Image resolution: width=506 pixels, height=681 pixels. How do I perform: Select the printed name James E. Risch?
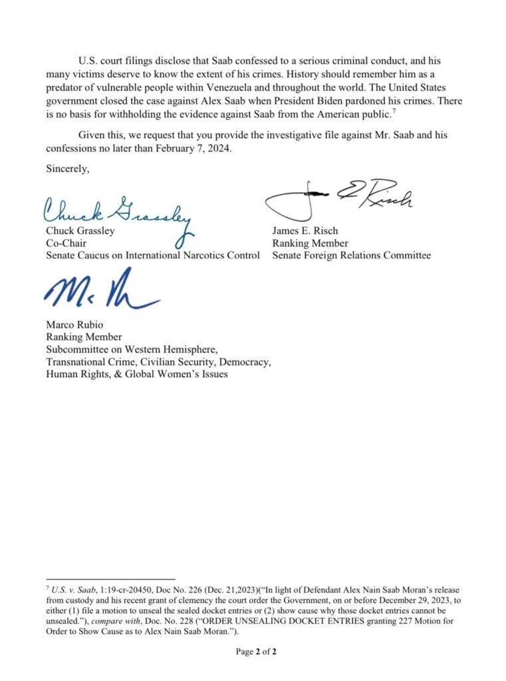[x=305, y=231]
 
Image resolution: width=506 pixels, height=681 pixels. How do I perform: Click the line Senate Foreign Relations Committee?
[x=351, y=255]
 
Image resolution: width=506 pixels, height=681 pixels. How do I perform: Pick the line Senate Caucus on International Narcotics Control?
[x=152, y=255]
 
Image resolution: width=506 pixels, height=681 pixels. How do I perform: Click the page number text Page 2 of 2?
[x=256, y=652]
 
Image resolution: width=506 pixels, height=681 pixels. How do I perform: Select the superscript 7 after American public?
[x=394, y=108]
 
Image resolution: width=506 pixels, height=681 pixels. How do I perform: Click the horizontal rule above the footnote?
[x=110, y=579]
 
